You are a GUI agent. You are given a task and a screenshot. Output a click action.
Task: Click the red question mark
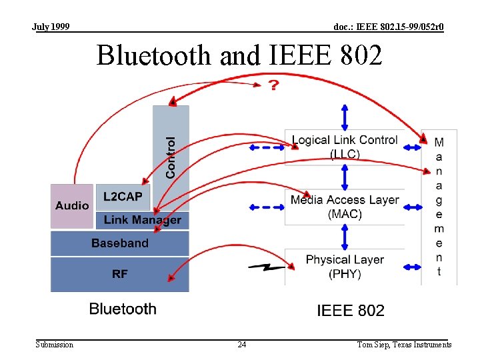[x=273, y=86]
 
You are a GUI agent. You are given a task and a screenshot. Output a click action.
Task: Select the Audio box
[x=72, y=206]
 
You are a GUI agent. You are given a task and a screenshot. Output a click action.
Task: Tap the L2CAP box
[x=123, y=197]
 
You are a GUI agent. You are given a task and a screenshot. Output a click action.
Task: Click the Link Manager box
[x=142, y=220]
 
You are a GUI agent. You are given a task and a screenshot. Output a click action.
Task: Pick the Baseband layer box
[x=120, y=243]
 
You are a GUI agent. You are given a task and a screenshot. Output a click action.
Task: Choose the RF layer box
[x=120, y=274]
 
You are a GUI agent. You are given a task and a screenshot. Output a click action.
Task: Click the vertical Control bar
[x=171, y=143]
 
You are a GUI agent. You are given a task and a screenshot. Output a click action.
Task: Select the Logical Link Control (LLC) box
[x=344, y=147]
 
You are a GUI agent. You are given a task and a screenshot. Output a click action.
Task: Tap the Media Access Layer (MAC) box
[x=344, y=207]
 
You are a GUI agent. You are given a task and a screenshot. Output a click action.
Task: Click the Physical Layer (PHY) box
[x=344, y=267]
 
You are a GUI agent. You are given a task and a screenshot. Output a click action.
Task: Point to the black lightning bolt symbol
[x=267, y=268]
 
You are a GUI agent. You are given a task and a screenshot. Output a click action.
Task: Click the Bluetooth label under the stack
[x=123, y=309]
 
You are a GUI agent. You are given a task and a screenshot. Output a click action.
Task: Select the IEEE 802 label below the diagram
[x=351, y=310]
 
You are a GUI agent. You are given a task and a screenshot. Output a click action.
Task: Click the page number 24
[x=242, y=345]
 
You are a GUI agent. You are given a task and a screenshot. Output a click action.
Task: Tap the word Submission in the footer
[x=55, y=345]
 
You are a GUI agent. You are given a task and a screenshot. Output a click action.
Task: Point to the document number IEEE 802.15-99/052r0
[x=388, y=27]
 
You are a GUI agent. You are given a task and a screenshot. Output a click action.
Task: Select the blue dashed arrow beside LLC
[x=267, y=147]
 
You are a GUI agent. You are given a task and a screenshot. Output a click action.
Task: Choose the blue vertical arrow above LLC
[x=345, y=117]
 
